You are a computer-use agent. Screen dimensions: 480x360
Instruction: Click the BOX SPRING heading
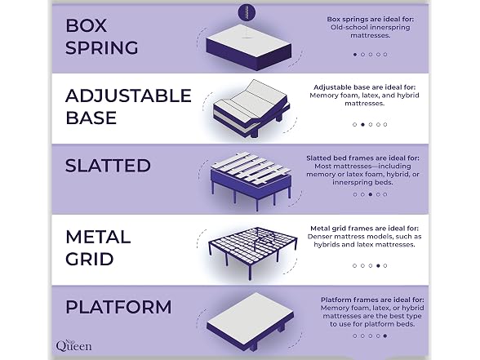(x=101, y=37)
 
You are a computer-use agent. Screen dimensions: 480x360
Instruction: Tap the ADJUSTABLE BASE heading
(x=128, y=106)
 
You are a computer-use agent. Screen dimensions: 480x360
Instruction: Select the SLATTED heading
(x=108, y=166)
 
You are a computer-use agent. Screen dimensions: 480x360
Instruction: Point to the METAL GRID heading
(x=98, y=248)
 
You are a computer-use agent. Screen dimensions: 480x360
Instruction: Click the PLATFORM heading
(x=118, y=307)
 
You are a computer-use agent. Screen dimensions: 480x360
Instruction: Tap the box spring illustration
(x=248, y=47)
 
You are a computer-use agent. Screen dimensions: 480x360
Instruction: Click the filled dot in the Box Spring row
(x=355, y=55)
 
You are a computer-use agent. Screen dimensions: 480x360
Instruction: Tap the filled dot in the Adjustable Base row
(x=362, y=125)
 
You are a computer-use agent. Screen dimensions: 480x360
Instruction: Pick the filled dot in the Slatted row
(x=371, y=194)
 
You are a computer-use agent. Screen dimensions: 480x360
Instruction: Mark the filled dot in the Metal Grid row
(x=378, y=266)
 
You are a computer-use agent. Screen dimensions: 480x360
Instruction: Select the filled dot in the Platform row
(x=385, y=336)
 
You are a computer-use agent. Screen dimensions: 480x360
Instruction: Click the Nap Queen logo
(x=73, y=345)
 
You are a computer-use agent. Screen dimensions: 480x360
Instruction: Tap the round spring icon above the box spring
(x=247, y=12)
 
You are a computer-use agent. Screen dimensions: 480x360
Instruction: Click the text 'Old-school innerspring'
(x=370, y=27)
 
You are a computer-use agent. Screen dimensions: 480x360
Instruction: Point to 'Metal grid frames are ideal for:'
(x=364, y=229)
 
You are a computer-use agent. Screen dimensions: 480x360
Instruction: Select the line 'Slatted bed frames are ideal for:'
(x=362, y=158)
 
